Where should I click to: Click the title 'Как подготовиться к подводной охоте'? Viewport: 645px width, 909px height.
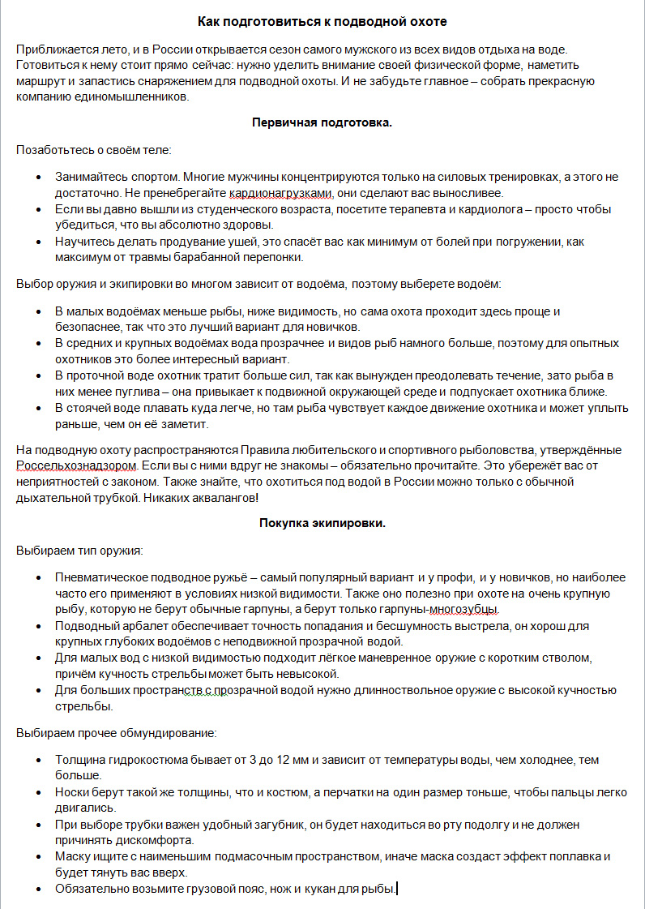[x=322, y=20]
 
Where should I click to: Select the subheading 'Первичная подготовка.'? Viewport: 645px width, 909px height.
[x=322, y=122]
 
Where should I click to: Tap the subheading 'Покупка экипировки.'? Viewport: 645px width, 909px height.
[x=322, y=523]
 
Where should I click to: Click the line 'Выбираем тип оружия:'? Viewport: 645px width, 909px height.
[x=79, y=551]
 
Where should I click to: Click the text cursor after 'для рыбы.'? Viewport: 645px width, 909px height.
[x=398, y=889]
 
